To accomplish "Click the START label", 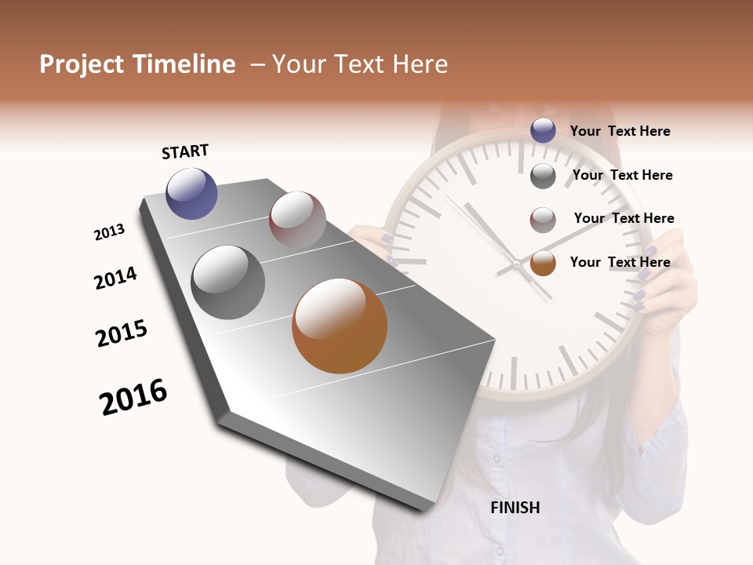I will pos(185,151).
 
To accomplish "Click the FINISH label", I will pos(515,508).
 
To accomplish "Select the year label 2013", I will pos(109,232).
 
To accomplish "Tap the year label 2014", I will pos(115,278).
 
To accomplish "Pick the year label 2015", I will pos(122,334).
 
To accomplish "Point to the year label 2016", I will pos(133,397).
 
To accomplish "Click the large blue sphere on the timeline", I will pos(191,193).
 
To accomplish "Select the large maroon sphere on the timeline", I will pos(297,219).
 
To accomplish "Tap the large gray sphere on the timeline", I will pos(227,282).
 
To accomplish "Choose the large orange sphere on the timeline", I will pos(339,326).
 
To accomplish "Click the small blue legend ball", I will pos(543,131).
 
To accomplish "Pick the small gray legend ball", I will pos(543,175).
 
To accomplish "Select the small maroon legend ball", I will pos(543,219).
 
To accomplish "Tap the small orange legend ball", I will pos(543,263).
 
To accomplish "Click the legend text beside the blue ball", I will pos(620,131).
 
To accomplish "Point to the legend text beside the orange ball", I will pos(620,262).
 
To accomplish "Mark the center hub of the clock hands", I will pos(518,265).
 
